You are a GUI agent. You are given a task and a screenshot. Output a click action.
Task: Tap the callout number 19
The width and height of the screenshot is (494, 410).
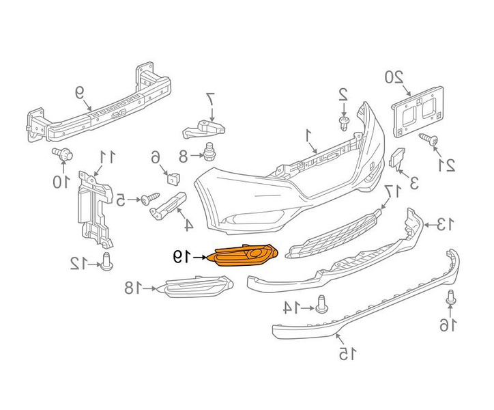click(179, 257)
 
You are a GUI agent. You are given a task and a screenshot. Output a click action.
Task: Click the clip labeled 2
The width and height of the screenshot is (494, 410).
click(345, 122)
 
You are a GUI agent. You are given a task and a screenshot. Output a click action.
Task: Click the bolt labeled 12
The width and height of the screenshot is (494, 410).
click(106, 260)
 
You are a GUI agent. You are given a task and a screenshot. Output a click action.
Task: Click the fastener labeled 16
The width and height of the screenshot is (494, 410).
click(450, 297)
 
